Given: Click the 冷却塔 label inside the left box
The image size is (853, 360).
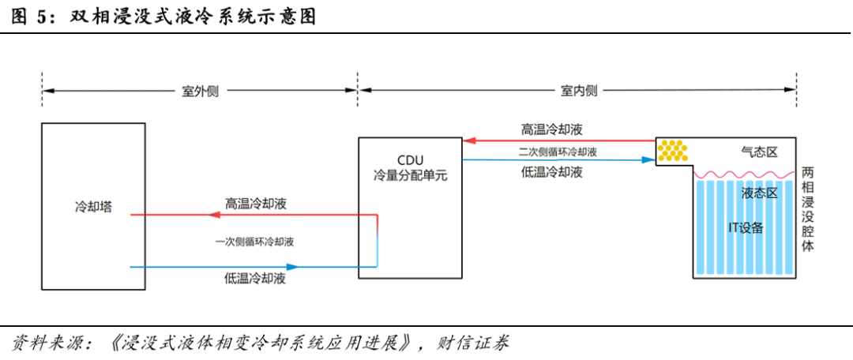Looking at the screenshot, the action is (93, 207).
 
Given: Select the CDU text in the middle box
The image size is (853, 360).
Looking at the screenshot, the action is (410, 160).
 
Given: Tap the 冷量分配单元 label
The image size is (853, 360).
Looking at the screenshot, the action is (410, 175).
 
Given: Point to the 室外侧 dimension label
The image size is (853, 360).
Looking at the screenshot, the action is (200, 91).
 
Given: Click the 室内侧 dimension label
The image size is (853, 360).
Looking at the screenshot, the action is (579, 91).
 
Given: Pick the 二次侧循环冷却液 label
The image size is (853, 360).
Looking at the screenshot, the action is (558, 152).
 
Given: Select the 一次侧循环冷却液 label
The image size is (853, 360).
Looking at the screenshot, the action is (254, 242).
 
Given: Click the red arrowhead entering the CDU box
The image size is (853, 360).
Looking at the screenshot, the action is (469, 141).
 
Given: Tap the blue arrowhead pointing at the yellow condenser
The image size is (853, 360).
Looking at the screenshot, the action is (648, 160).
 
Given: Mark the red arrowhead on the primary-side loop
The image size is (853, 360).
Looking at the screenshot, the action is (215, 216).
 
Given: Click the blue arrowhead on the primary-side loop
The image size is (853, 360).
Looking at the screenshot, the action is (293, 267).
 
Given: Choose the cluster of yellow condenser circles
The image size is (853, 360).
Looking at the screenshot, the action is (673, 151).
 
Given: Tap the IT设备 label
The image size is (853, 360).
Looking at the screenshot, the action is (746, 228).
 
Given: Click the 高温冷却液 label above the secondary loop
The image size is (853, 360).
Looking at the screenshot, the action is (552, 129).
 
